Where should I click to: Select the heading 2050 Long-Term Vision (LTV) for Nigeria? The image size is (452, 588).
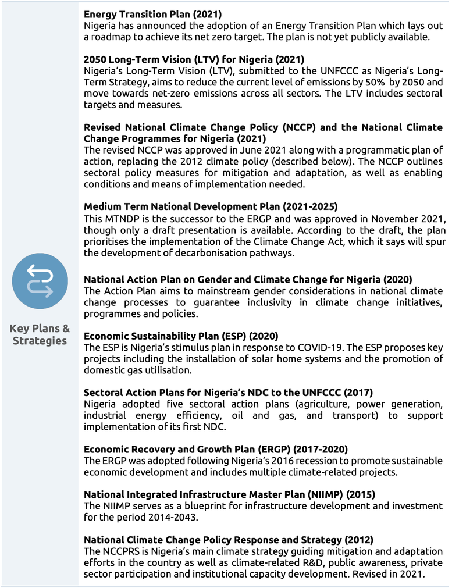[x=194, y=59]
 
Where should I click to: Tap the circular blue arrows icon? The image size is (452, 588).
[x=40, y=280]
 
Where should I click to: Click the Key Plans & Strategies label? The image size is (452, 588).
[x=40, y=334]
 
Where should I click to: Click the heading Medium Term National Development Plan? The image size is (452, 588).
[x=211, y=206]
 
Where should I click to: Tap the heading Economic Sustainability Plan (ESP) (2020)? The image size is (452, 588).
[x=181, y=336]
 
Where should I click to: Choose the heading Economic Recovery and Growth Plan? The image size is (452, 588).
[x=216, y=449]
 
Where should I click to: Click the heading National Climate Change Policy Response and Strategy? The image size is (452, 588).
[x=229, y=539]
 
